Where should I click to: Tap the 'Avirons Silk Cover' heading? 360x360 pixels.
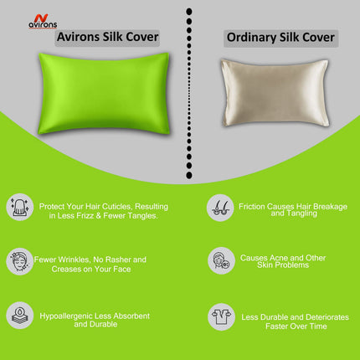(106, 38)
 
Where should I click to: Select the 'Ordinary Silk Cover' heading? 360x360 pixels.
(281, 38)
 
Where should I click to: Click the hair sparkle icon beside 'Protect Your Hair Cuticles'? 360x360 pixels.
(20, 207)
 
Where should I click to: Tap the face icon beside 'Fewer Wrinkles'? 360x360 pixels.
(20, 260)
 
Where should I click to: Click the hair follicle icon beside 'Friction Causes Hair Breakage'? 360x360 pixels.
(220, 207)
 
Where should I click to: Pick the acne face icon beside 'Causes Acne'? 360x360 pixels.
(220, 260)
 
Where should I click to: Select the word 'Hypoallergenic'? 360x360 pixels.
(67, 316)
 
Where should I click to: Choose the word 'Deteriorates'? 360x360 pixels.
(321, 316)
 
